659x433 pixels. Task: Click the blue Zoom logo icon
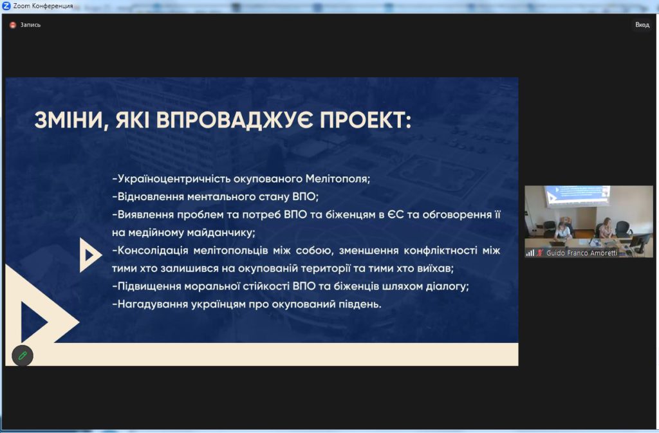pos(6,6)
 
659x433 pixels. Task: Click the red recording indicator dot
pos(13,25)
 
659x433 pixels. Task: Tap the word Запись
pos(31,25)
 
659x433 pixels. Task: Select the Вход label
pos(642,25)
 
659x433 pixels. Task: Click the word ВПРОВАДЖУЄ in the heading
pos(234,120)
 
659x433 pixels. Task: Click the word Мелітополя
pos(337,179)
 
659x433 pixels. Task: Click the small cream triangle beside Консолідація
pos(89,255)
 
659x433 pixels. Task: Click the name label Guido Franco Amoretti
pos(582,253)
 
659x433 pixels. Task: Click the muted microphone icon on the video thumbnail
pos(540,253)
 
